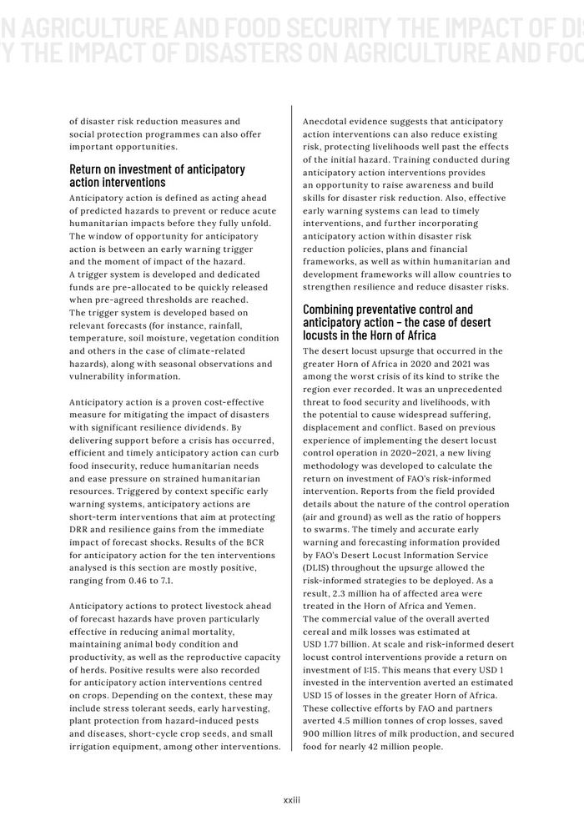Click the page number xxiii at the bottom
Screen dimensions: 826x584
[x=291, y=799]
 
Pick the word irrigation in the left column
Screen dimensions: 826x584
[x=96, y=748]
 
